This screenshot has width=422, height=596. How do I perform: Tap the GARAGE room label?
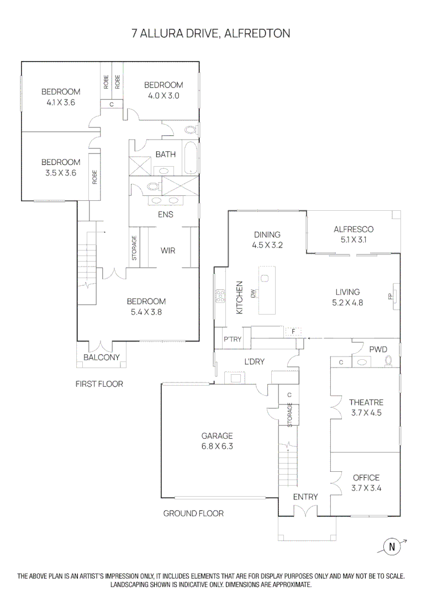click(217, 435)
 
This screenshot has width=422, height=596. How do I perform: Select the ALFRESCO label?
click(354, 230)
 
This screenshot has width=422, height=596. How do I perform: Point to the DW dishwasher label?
click(252, 294)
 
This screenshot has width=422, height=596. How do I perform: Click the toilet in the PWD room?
click(388, 361)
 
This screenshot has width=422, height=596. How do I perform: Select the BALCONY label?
click(101, 358)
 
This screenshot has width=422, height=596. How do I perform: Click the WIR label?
click(168, 251)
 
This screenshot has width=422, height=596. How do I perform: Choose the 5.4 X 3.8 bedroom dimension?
click(146, 312)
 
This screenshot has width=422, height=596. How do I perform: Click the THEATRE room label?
click(366, 402)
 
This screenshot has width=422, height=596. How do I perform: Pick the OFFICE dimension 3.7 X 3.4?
click(366, 488)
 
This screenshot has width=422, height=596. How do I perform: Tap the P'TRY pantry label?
click(232, 339)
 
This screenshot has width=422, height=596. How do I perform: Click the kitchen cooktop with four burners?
click(220, 296)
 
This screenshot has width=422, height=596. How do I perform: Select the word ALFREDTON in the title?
click(258, 34)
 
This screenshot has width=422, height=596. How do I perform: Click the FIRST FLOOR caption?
click(99, 384)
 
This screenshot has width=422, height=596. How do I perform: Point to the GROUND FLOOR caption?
click(193, 513)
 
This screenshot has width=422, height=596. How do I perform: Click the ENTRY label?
click(305, 497)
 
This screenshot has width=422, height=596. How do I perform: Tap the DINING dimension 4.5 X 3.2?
click(267, 245)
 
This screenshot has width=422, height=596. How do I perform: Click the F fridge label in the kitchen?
click(294, 331)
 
